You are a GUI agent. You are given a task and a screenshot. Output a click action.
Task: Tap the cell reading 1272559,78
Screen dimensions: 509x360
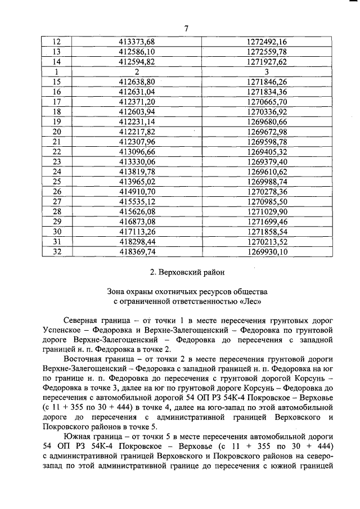[x=267, y=52]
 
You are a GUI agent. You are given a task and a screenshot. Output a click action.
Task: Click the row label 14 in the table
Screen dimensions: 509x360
[x=56, y=62]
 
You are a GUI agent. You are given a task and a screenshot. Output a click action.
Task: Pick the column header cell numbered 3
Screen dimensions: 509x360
[x=267, y=72]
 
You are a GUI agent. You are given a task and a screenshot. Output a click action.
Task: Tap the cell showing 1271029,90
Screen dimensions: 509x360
[x=267, y=211]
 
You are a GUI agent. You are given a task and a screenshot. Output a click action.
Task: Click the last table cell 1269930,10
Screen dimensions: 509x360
[x=267, y=252]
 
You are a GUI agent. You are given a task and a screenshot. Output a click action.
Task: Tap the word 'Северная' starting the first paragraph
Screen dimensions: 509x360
[x=82, y=321]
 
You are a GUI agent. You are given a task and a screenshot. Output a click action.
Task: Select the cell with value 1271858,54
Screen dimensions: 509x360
[x=267, y=232]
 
